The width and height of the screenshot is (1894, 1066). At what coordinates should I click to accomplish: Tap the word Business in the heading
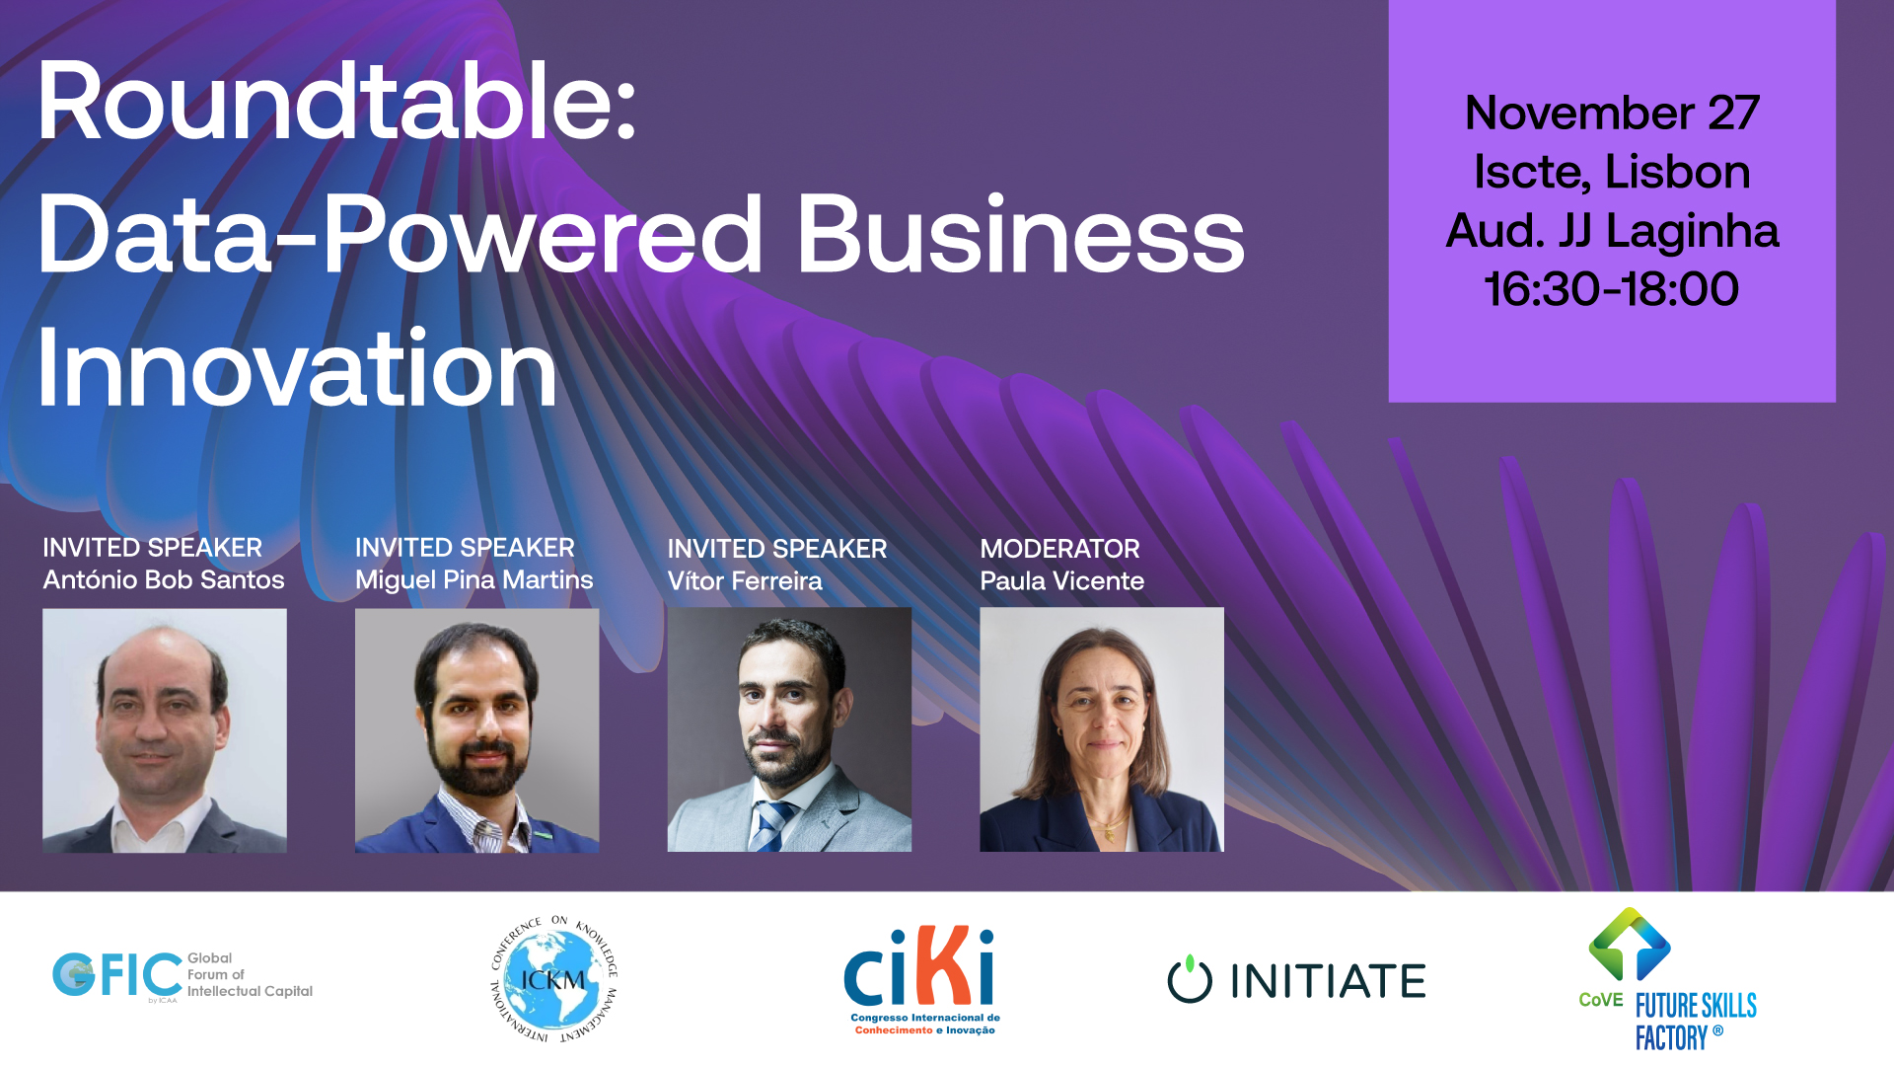[1021, 234]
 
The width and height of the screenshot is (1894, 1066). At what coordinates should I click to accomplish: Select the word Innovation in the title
[297, 368]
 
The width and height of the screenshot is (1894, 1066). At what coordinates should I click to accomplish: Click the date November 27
[1612, 113]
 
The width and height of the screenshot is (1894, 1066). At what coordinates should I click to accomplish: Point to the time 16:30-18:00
[1612, 289]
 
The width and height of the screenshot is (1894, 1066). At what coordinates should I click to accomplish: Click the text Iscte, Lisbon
[1612, 172]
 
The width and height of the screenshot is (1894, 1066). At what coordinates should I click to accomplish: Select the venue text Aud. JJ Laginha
[1612, 232]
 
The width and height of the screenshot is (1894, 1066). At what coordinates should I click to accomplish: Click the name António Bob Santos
[164, 579]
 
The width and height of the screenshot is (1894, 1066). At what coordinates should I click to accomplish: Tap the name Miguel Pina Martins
[474, 579]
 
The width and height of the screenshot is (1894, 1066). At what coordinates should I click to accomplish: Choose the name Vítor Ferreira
[745, 580]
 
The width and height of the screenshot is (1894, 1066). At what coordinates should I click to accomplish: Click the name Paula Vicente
[1062, 580]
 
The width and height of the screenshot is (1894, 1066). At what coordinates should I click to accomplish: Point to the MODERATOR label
[1059, 549]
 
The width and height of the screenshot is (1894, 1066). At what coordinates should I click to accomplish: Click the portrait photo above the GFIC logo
[165, 730]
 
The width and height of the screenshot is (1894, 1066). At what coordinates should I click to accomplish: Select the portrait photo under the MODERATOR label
[1102, 729]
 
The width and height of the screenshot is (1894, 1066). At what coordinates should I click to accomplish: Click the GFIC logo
[182, 976]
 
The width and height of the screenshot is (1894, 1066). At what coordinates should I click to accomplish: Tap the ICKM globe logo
[554, 979]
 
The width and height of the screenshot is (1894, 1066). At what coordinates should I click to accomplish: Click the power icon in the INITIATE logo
[1190, 979]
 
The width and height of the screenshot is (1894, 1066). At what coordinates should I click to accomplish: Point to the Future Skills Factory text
[1696, 1023]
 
